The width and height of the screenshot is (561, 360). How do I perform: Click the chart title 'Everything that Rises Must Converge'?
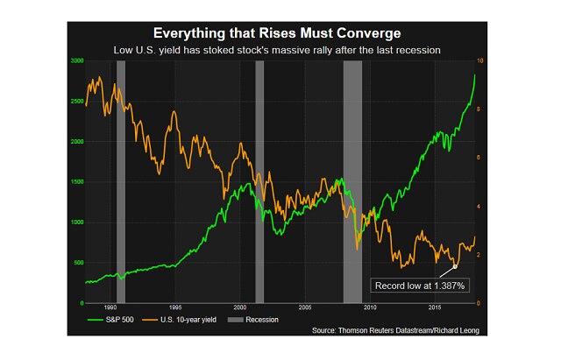280,32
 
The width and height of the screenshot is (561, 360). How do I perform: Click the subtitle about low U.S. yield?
280,51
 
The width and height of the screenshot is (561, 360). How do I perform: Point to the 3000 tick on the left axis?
76,60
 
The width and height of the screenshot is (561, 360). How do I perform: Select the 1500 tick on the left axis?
76,181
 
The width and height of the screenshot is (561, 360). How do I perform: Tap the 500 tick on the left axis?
78,263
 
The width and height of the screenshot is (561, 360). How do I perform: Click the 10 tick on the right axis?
479,60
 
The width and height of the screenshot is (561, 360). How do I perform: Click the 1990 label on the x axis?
110,308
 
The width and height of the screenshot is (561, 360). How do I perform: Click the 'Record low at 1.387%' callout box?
418,286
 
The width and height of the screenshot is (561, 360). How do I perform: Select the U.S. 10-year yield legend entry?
188,320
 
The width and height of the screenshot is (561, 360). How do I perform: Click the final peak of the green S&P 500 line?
474,74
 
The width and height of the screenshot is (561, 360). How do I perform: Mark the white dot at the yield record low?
455,265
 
